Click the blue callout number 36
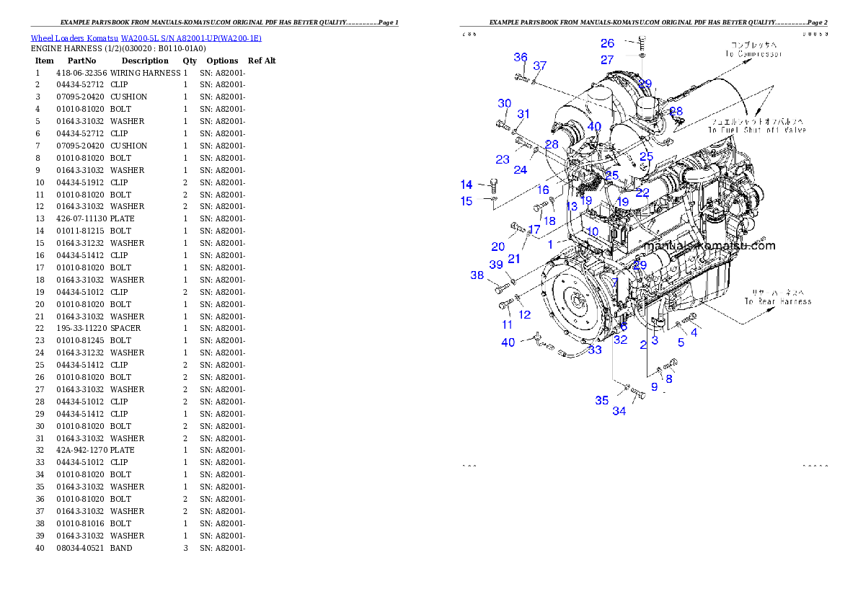520,58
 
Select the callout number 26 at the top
607,44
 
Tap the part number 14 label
466,185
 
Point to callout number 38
477,275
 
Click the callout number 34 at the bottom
619,411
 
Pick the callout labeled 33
594,350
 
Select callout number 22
642,192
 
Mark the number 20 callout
497,247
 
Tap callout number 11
508,325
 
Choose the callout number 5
681,343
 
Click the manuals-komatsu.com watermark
709,246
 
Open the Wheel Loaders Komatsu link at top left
146,38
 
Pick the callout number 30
504,104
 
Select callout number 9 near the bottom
654,387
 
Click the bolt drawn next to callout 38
500,288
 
